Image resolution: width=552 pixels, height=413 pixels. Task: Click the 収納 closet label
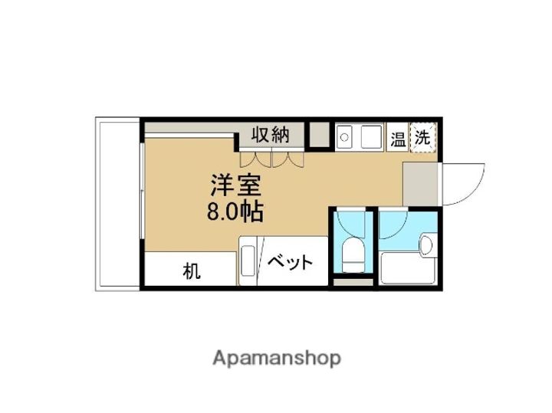pos(271,136)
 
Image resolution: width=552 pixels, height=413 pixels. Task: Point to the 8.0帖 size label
pos(235,211)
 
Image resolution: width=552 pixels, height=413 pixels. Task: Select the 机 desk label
pos(190,271)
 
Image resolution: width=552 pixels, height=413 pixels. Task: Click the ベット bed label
pos(291,263)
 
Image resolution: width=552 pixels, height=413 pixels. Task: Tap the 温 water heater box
pos(398,139)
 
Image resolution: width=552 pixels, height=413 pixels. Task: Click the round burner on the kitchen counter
pos(343,139)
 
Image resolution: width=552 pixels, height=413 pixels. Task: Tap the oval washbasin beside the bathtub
pos(427,244)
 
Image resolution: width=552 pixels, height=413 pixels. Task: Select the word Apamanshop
pos(276,358)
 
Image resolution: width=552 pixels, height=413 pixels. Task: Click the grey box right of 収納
pos(319,136)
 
